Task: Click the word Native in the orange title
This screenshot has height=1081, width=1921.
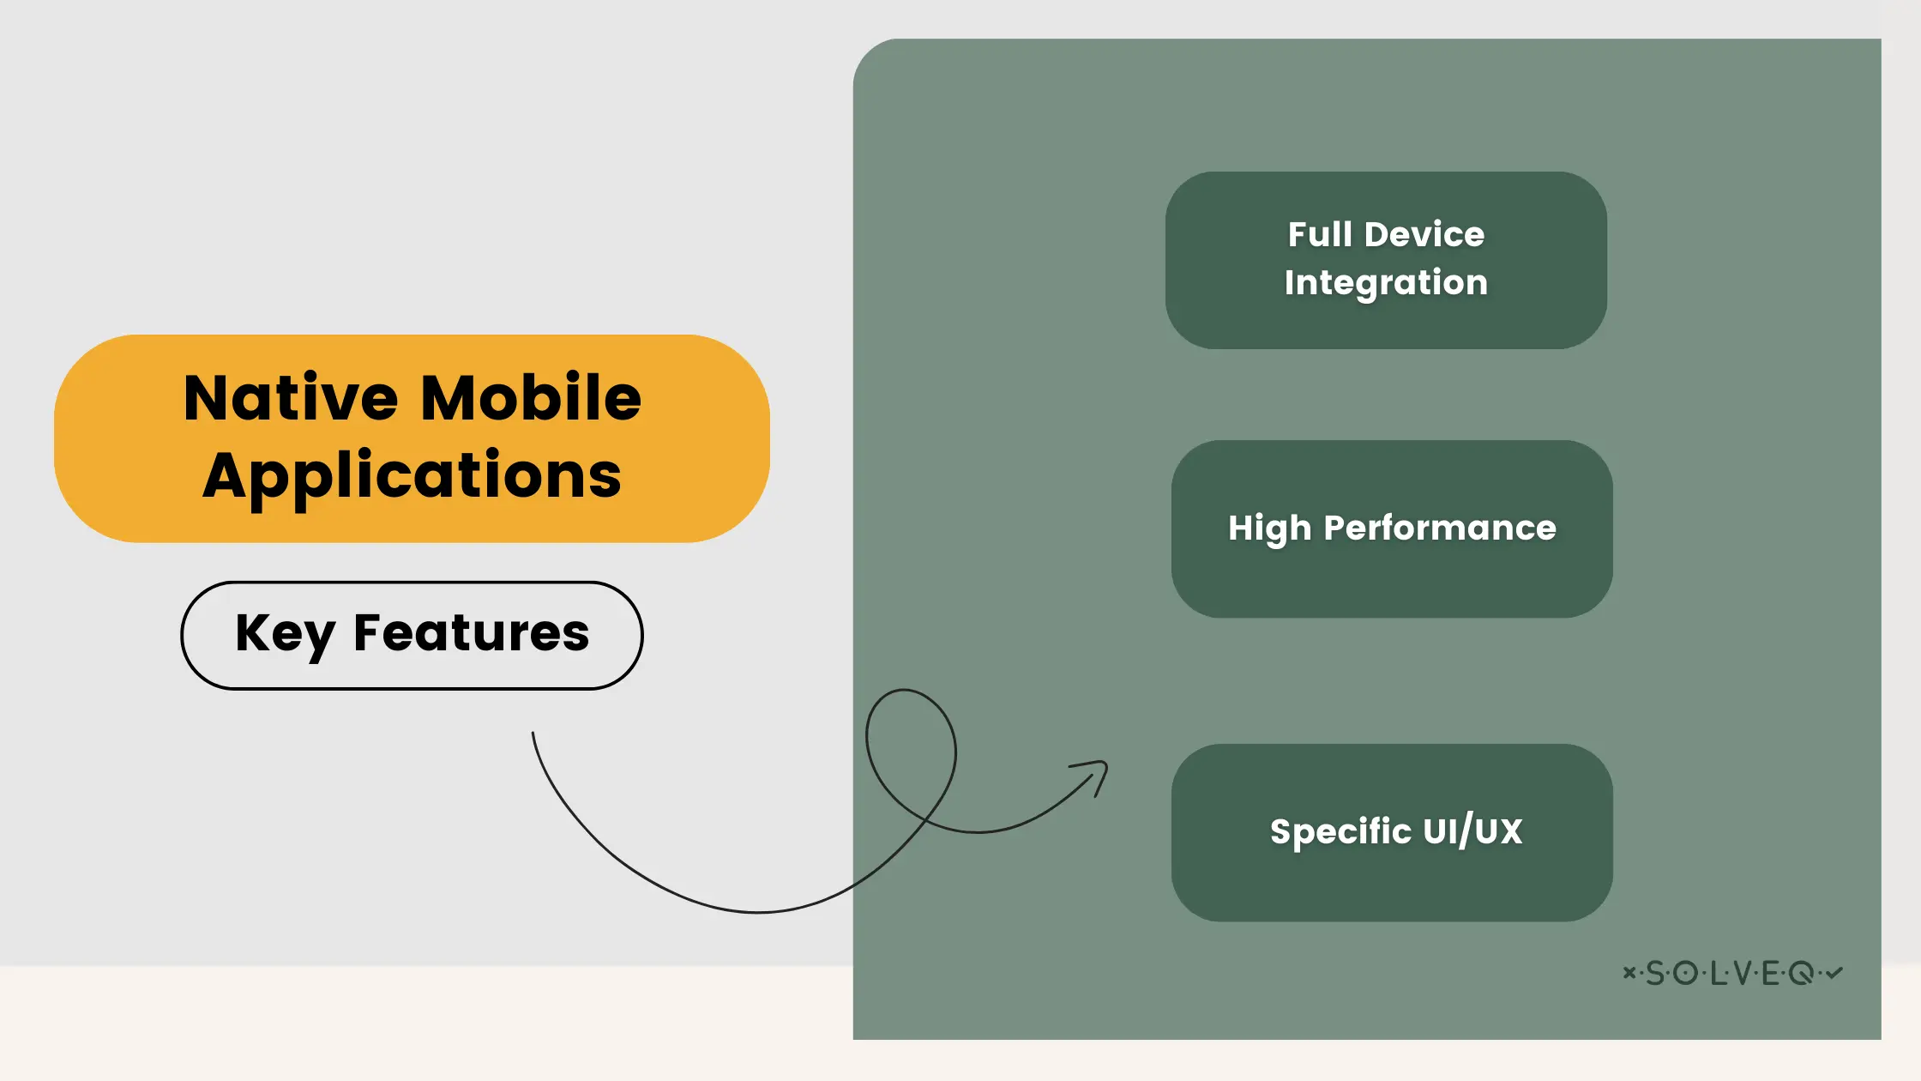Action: click(291, 398)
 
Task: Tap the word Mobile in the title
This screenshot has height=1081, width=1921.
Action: click(531, 398)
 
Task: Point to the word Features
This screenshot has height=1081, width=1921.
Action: click(471, 633)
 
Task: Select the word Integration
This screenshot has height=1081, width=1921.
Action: click(1386, 283)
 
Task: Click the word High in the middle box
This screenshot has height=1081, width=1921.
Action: click(1269, 528)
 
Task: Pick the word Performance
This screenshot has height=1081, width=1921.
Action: click(1440, 528)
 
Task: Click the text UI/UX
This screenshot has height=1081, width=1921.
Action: click(1472, 830)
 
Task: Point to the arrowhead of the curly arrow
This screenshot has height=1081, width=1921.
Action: click(1103, 766)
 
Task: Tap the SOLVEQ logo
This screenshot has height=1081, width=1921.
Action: click(1732, 973)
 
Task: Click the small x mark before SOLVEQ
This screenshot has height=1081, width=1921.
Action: click(1629, 972)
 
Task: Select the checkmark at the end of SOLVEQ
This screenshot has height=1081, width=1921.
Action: click(1834, 972)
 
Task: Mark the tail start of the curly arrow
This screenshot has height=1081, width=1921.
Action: click(533, 734)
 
